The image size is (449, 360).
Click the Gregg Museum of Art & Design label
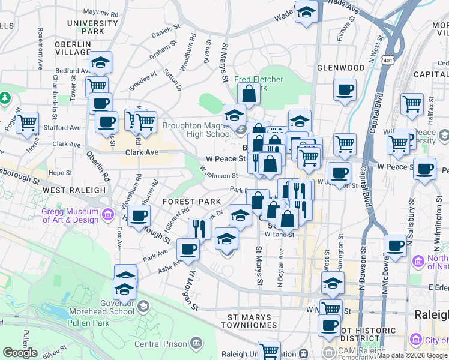69,215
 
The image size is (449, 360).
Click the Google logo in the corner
20,353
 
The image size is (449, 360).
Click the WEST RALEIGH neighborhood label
74,190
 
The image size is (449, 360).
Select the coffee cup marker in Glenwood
345,90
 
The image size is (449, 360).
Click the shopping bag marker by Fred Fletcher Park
249,94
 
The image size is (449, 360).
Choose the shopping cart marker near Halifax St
412,104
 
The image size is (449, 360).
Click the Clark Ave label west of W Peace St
142,152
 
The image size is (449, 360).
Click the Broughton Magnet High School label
197,130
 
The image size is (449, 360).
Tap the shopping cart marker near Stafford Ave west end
27,122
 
